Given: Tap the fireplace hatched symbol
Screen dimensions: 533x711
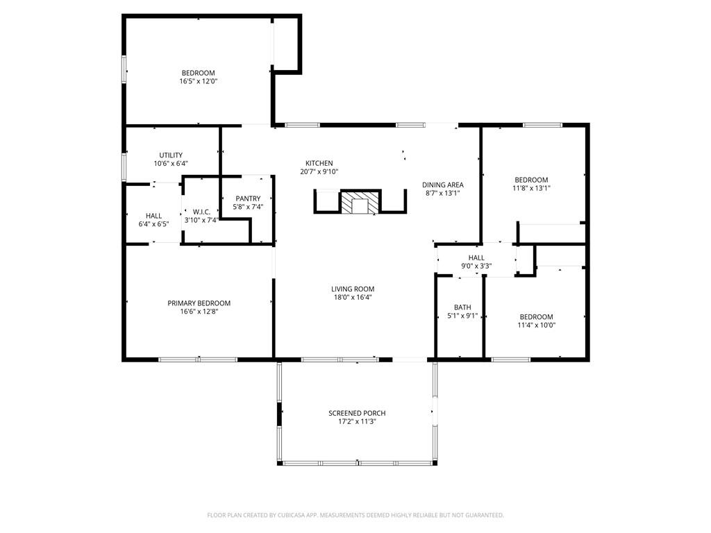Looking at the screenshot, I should click(x=360, y=204).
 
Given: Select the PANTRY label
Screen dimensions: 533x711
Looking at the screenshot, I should click(x=248, y=198).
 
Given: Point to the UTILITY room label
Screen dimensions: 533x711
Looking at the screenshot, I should click(x=171, y=155).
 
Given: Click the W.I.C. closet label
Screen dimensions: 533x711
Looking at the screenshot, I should click(x=201, y=212).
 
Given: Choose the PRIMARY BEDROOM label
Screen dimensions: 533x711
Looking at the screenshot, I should click(x=199, y=303).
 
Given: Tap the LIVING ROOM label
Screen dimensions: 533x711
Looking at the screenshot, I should click(x=353, y=289).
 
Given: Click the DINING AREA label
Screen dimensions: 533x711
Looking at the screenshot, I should click(x=443, y=185).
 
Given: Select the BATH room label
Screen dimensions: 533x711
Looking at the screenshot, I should click(x=462, y=307).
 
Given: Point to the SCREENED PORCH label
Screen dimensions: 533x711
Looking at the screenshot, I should click(x=357, y=413).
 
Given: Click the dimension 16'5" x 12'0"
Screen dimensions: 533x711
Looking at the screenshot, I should click(x=199, y=81).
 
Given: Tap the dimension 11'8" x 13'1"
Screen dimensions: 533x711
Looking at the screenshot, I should click(x=531, y=187).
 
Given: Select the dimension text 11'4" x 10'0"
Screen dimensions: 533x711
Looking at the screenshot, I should click(x=537, y=325).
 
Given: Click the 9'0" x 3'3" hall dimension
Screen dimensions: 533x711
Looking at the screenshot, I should click(x=476, y=266).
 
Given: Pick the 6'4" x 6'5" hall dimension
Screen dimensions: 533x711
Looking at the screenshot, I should click(x=153, y=224).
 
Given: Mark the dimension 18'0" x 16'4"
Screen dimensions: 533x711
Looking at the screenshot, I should click(x=353, y=298).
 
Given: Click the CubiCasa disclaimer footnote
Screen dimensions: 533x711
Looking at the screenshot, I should click(x=355, y=515).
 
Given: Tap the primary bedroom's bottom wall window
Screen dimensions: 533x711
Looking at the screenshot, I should click(x=198, y=359).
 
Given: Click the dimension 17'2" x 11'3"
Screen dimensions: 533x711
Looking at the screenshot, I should click(x=357, y=421).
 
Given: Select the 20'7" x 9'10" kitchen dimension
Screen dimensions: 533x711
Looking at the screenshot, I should click(x=319, y=171).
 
